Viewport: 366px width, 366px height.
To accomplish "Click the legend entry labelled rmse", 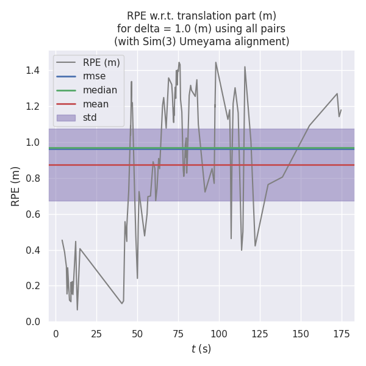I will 94,76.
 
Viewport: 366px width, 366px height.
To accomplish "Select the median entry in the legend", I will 99,90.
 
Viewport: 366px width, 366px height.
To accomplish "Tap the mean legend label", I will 96,104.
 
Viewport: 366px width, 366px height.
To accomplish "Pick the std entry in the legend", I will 90,118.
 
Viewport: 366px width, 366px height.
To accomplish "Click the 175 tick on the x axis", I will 342,334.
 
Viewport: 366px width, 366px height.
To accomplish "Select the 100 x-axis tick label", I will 219,334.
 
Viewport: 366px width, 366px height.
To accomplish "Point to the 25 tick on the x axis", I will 96,334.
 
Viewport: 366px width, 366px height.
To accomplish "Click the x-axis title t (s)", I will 201,349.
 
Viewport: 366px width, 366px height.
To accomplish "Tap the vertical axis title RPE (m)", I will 16,185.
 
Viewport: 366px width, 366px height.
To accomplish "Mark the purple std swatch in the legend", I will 66,118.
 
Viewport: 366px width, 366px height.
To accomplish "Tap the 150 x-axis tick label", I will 301,334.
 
